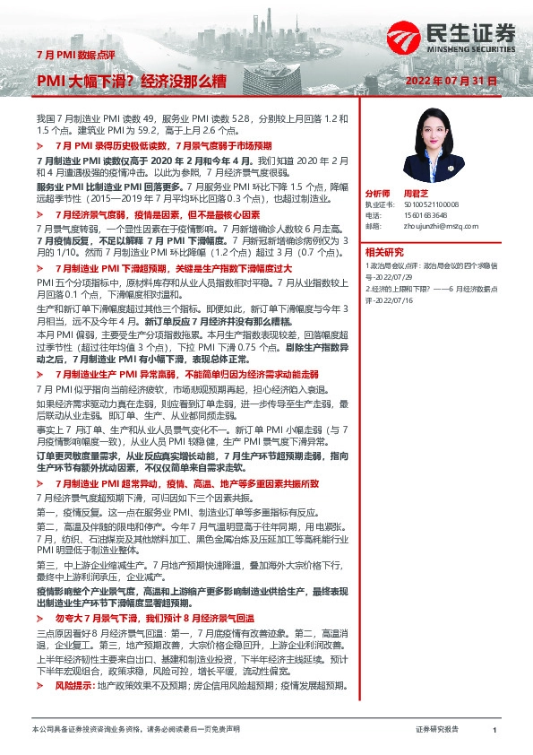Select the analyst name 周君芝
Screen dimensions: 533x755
[412, 194]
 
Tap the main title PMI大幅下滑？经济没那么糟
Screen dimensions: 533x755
[131, 82]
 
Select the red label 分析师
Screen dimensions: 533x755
[377, 194]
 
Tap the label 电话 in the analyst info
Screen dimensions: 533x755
[374, 216]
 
